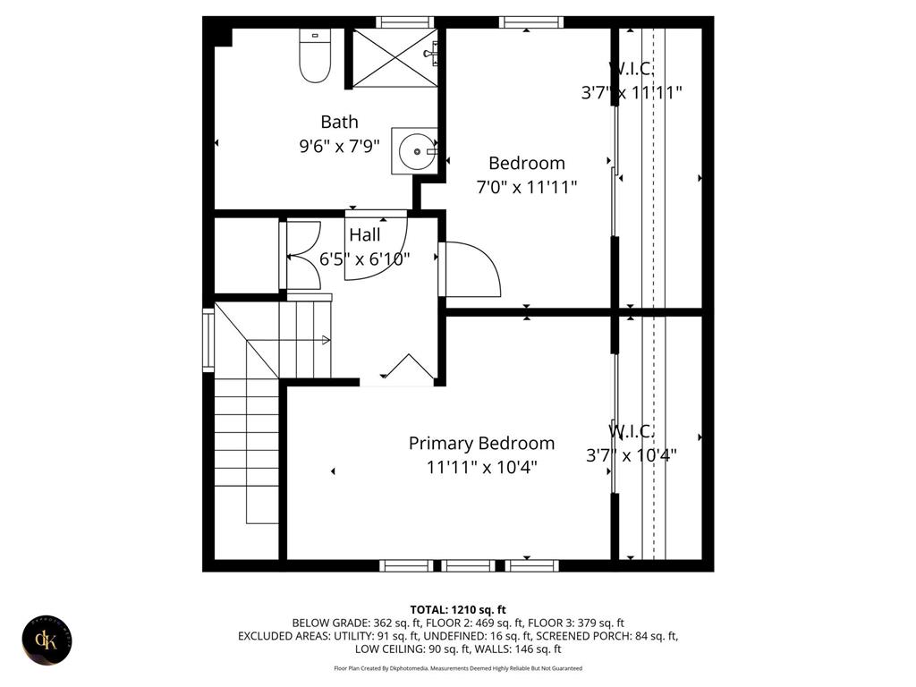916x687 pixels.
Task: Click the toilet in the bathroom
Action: click(x=315, y=58)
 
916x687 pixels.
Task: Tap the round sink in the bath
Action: click(x=415, y=151)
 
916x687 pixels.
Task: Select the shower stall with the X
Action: click(x=394, y=57)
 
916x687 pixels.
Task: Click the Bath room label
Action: click(x=340, y=122)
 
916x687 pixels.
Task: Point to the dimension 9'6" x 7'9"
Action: click(x=340, y=146)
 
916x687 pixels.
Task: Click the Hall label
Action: click(x=365, y=235)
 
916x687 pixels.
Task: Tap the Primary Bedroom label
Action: click(x=481, y=443)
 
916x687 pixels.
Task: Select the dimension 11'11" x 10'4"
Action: click(x=481, y=467)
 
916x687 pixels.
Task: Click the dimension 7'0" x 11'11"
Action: click(x=526, y=187)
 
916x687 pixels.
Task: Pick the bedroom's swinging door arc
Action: click(x=474, y=268)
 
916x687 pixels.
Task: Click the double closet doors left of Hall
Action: click(x=301, y=256)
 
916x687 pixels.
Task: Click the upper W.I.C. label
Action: click(x=632, y=68)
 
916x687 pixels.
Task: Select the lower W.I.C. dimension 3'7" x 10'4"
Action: click(x=632, y=454)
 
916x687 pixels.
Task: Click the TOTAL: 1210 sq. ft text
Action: click(x=458, y=607)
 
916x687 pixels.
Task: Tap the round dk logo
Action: click(x=47, y=640)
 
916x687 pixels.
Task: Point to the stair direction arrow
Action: click(x=326, y=340)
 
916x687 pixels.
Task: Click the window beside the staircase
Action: click(x=208, y=340)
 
